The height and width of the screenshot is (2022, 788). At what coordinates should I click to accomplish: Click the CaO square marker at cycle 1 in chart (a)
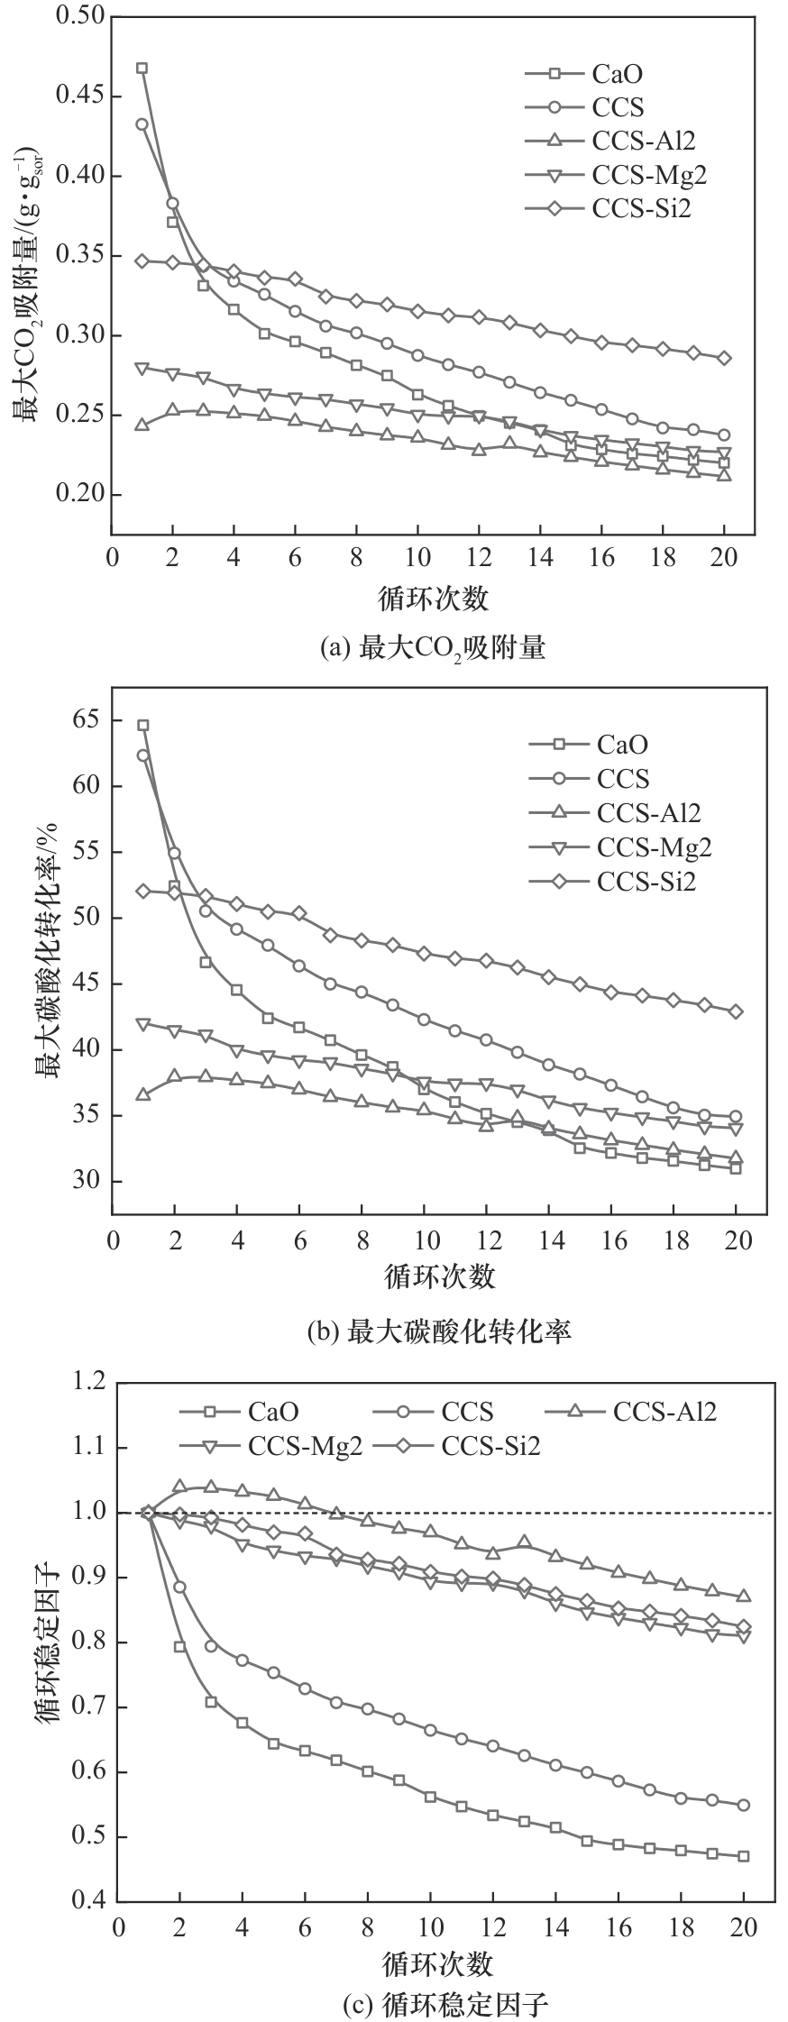click(142, 69)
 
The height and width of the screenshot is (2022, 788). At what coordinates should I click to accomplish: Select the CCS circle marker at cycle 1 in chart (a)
click(142, 124)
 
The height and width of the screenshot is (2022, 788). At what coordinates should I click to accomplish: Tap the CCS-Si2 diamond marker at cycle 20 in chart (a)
click(724, 358)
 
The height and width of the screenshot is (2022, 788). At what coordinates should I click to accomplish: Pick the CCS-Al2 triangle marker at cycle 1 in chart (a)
click(142, 425)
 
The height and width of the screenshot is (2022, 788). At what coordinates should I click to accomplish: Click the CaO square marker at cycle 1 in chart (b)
click(142, 725)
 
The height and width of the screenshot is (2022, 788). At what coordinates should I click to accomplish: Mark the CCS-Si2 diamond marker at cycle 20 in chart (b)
click(736, 1011)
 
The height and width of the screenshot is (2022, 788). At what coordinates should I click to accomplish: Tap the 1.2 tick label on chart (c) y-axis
click(91, 1383)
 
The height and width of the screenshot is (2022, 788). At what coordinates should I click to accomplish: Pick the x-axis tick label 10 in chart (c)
click(430, 1927)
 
